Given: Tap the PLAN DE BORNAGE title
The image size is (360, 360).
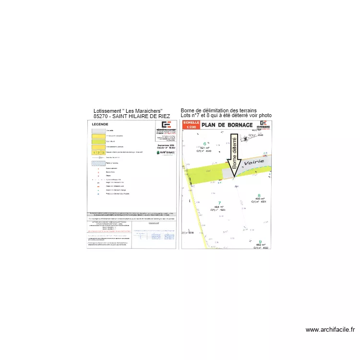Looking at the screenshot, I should click(227, 125).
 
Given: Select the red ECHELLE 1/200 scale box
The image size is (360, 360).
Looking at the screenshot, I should click(191, 125).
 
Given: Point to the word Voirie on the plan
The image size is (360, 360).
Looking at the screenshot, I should click(254, 163).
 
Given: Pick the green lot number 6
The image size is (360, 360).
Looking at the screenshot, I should click(205, 143).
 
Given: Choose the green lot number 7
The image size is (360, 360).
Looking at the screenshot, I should click(219, 203).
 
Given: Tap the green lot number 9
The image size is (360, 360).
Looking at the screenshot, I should click(260, 241).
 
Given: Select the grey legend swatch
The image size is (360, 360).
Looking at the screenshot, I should click(97, 131).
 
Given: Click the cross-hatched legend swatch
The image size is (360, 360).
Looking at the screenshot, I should click(97, 163).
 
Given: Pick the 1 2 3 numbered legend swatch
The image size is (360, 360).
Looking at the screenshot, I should click(97, 152).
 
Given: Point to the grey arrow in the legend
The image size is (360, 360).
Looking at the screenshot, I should click(97, 157).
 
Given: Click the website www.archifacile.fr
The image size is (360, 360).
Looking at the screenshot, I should click(330, 330).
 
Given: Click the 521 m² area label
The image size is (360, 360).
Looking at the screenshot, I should click(205, 147).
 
